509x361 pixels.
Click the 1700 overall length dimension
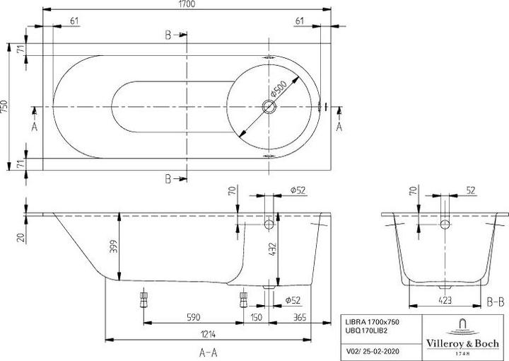click(x=186, y=6)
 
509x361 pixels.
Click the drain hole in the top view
click(x=269, y=108)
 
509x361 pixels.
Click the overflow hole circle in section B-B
click(x=445, y=225)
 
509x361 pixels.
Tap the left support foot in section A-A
click(x=145, y=295)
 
